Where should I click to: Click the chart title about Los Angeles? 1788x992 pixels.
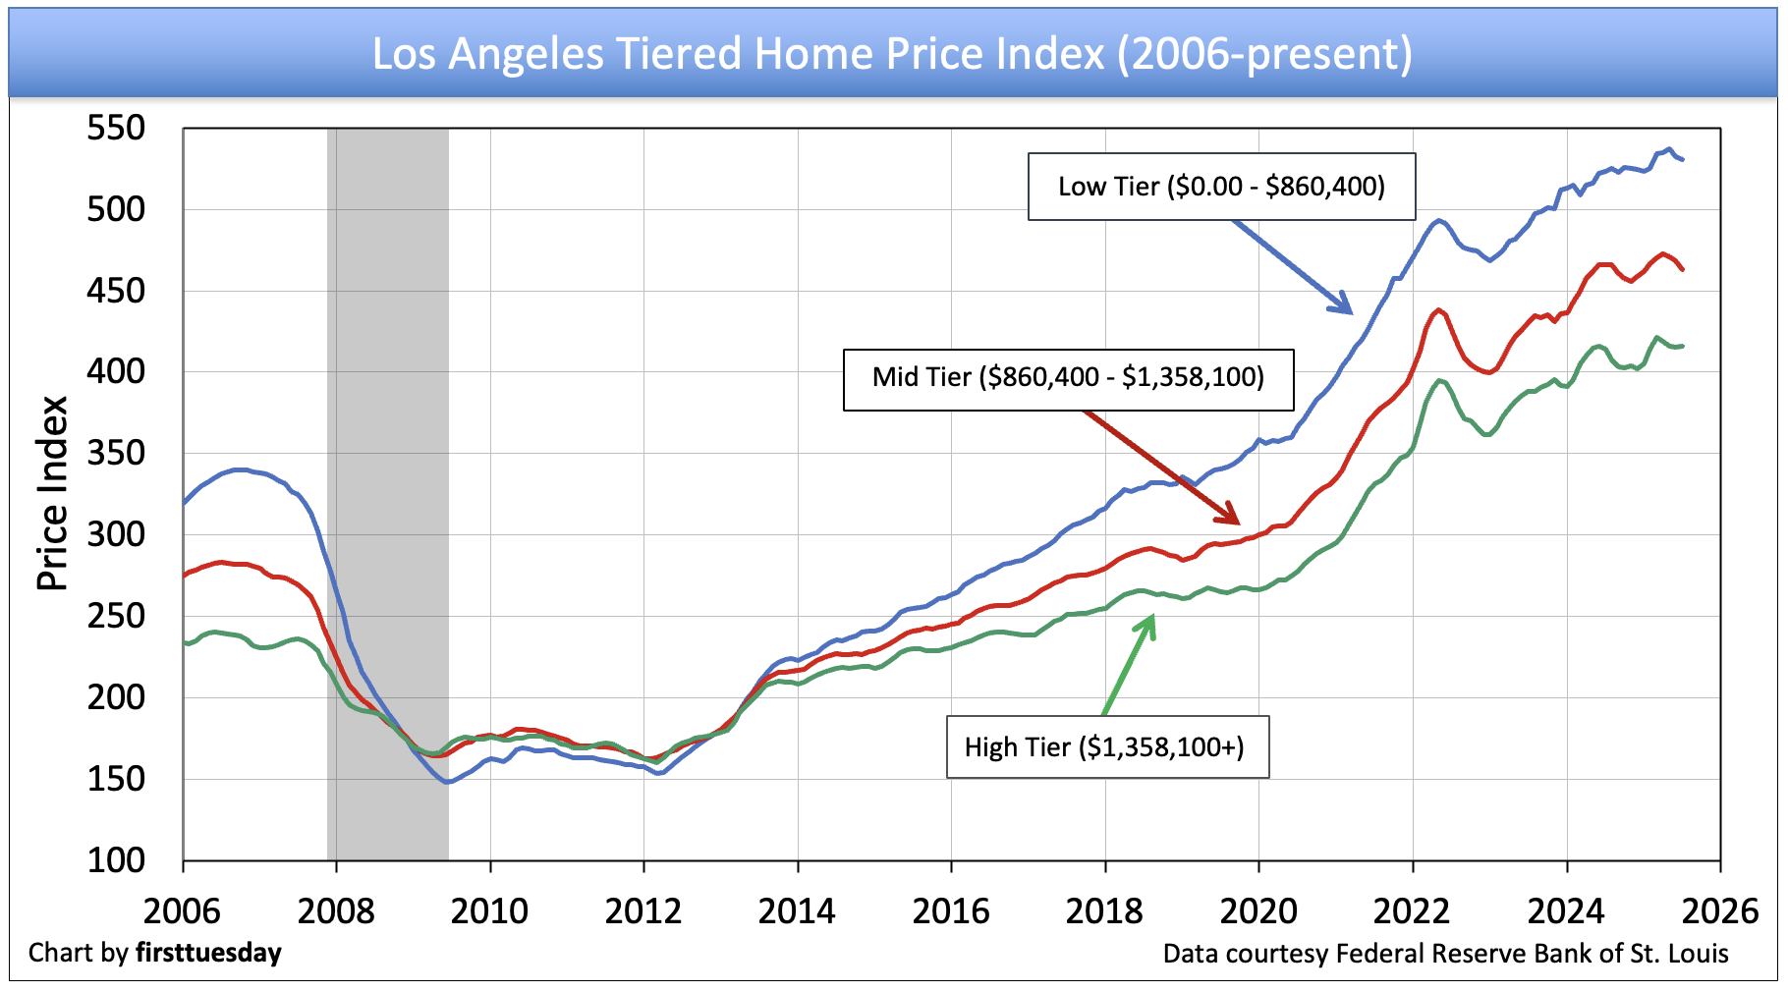892,53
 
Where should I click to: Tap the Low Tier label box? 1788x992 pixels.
1221,187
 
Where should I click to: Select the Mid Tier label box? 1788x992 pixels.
1068,378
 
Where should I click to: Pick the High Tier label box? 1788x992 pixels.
1106,747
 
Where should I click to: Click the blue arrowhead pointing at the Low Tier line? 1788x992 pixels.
1343,305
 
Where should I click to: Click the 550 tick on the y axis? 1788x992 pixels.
116,128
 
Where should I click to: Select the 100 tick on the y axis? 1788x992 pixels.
116,860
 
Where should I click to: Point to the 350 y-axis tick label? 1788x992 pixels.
116,453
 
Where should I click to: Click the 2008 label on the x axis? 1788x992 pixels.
336,911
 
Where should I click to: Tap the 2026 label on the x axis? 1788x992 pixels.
1720,911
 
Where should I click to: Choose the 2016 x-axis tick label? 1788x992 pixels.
951,911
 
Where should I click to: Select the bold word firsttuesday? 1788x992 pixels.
208,953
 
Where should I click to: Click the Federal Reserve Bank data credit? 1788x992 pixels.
1445,954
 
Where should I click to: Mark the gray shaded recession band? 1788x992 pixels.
388,491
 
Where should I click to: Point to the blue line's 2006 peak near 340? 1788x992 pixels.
240,469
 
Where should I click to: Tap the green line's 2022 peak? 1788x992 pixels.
1440,380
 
